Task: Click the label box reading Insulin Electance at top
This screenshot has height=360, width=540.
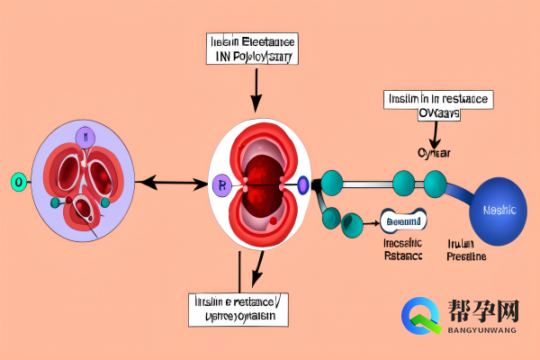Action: click(253, 49)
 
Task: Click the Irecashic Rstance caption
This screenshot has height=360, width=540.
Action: click(401, 250)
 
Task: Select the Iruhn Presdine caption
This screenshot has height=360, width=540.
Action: click(467, 250)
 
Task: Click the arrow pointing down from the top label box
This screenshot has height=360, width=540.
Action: click(258, 88)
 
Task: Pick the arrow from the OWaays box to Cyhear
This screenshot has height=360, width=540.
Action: click(435, 132)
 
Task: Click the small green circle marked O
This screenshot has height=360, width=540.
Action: click(17, 182)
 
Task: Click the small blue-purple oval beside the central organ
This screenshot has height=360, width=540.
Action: click(303, 185)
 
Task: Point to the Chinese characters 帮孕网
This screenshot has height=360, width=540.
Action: click(484, 312)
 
